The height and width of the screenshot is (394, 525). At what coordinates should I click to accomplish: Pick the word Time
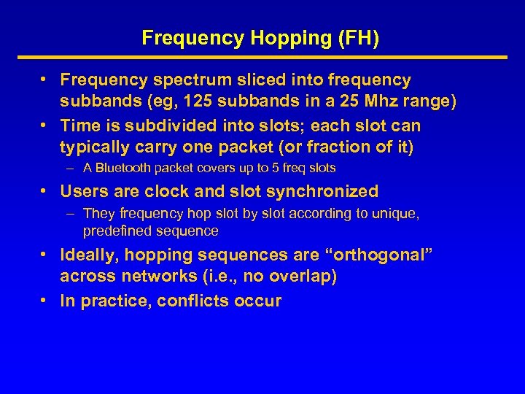click(x=80, y=125)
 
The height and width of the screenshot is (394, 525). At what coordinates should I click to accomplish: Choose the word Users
click(x=85, y=192)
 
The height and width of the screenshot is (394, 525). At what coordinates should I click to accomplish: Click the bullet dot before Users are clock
click(x=44, y=191)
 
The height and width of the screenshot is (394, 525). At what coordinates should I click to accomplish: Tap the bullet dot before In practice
click(x=44, y=300)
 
